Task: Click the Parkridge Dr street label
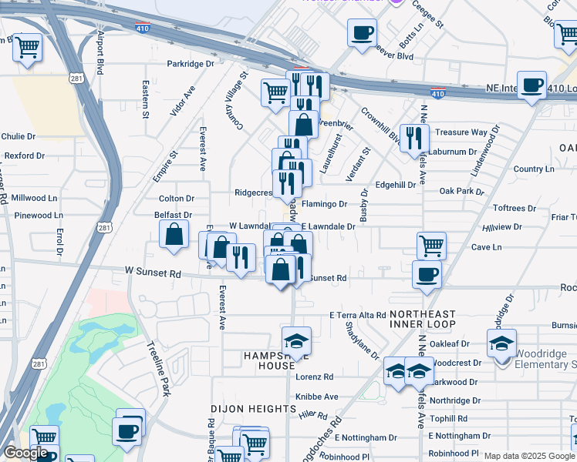click(191, 64)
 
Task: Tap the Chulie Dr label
click(19, 136)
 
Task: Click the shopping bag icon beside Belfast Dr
click(174, 234)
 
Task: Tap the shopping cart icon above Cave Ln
click(432, 246)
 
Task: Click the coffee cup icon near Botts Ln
click(362, 33)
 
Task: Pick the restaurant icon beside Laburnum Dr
click(415, 136)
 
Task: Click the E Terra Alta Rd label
click(357, 316)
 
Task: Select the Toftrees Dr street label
click(515, 209)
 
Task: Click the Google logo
click(25, 452)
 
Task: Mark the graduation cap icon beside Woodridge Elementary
click(501, 343)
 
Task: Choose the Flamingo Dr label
click(325, 204)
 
